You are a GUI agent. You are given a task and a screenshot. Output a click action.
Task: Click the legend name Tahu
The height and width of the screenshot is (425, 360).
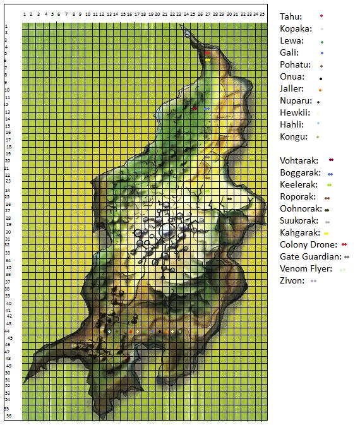pos(291,16)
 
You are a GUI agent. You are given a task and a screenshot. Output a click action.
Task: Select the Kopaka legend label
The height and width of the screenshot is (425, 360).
pos(294,28)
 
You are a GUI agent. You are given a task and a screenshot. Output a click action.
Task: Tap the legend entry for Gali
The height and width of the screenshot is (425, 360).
pos(290,52)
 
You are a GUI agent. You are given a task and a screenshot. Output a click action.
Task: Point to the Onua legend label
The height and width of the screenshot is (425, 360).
pos(292,77)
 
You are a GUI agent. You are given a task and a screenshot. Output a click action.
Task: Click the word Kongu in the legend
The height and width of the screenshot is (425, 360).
pos(294,136)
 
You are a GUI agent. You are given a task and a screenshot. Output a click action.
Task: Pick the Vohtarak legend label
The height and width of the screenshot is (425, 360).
pos(299,160)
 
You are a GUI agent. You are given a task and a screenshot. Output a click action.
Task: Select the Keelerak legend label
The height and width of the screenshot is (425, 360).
pos(299,184)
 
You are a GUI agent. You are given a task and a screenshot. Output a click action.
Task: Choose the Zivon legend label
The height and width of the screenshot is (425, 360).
pos(292,280)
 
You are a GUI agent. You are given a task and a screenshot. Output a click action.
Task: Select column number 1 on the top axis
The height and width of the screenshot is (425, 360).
pos(25,13)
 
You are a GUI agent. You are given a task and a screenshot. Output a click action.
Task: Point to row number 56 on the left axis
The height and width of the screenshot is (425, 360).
pos(7,416)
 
